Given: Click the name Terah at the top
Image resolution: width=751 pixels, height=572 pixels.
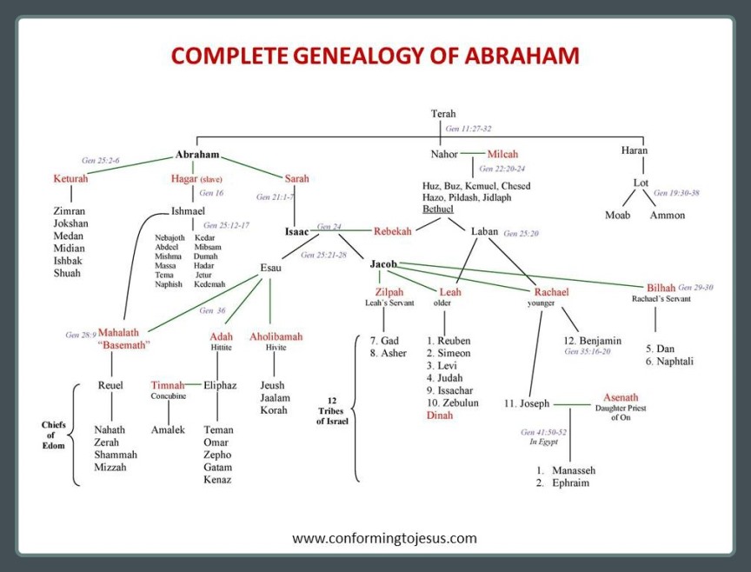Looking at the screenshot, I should coord(443,114).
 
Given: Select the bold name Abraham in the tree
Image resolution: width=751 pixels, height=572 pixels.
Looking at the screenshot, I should coord(197,155).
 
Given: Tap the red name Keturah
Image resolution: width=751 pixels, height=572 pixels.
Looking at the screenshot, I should coord(73,179).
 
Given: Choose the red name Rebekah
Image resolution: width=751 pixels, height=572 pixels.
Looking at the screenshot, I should coord(393,231).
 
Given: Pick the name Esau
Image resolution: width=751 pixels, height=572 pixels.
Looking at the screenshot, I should coord(271,268).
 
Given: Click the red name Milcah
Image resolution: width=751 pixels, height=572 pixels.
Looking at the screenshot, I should coord(502,154).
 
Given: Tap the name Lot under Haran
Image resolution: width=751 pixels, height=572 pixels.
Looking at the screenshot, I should coord(641,183).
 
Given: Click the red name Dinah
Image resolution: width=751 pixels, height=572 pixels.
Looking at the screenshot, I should coord(440,416).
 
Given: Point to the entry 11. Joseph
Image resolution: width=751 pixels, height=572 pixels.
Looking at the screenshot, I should coord(528,403).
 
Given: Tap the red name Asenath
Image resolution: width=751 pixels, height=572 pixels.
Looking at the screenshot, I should coord(621,397).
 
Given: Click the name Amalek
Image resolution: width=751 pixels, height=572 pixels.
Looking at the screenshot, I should coord(168,429).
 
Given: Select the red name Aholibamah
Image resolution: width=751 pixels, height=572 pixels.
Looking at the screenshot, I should coord(276,336).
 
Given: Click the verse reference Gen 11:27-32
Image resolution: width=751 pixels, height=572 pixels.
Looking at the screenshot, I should coord(469,129).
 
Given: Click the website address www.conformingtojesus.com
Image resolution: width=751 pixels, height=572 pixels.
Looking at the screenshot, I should coord(384,537).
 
